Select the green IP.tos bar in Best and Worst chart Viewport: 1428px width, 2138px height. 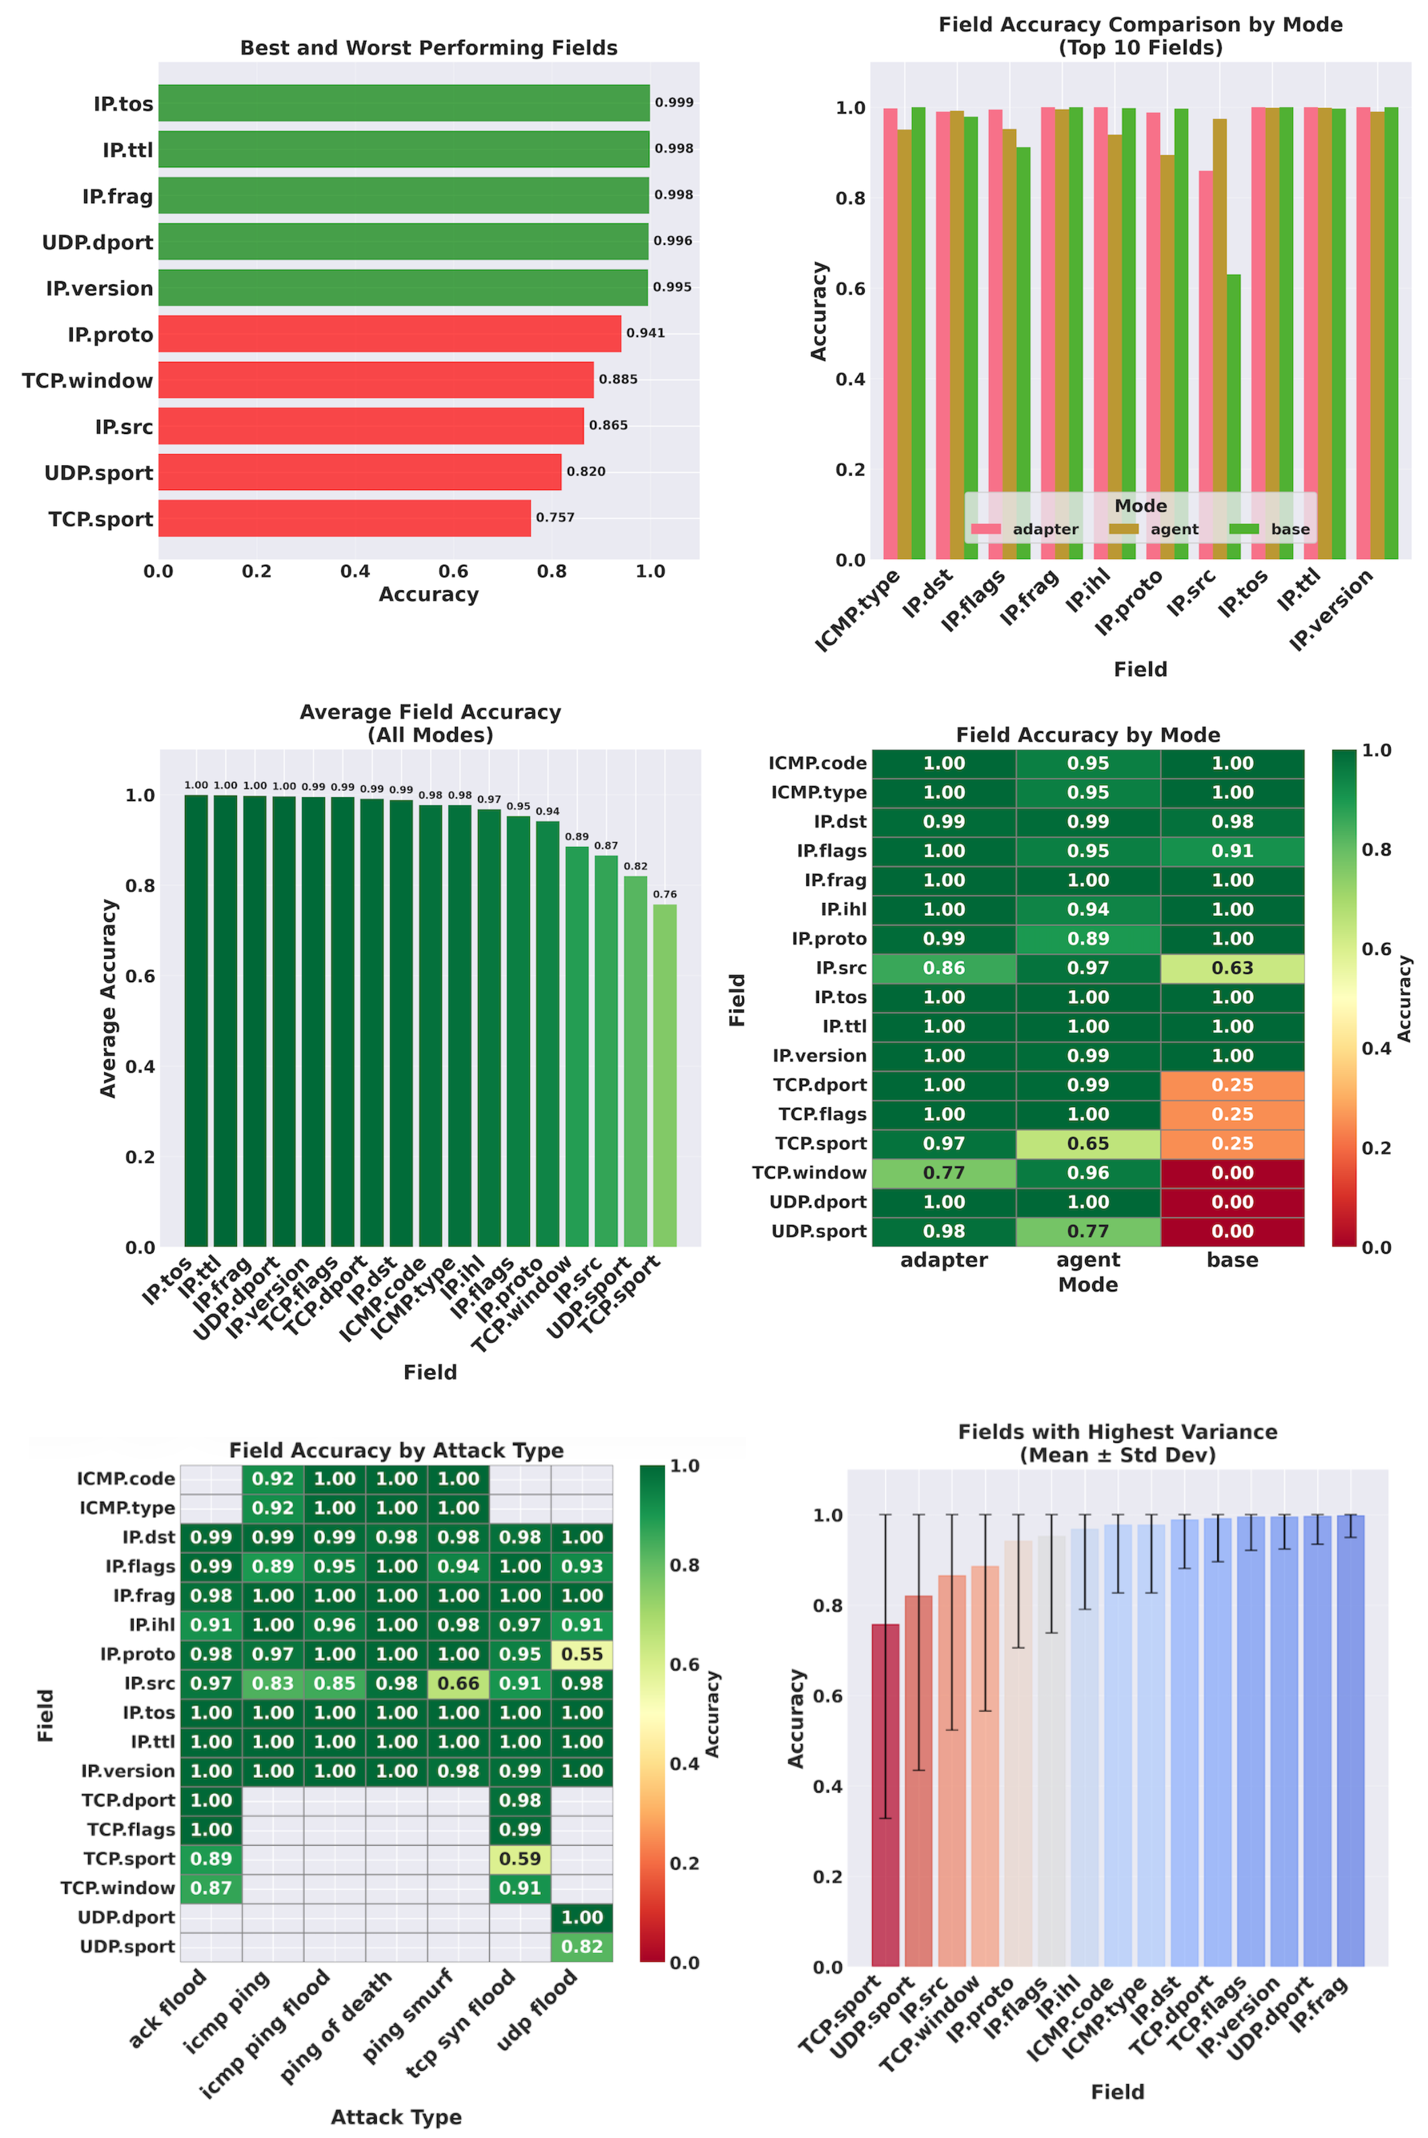pyautogui.click(x=404, y=103)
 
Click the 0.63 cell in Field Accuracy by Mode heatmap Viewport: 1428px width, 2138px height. pyautogui.click(x=1232, y=968)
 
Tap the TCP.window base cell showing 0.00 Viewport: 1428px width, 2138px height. pyautogui.click(x=1232, y=1172)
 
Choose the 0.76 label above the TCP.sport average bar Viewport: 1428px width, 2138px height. pyautogui.click(x=665, y=894)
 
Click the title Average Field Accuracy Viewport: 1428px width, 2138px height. pyautogui.click(x=430, y=712)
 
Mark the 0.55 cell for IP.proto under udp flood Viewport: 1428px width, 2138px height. pyautogui.click(x=582, y=1654)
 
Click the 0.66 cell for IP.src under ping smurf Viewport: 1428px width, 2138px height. pyautogui.click(x=458, y=1684)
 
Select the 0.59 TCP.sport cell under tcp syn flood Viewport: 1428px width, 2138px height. pyautogui.click(x=520, y=1858)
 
